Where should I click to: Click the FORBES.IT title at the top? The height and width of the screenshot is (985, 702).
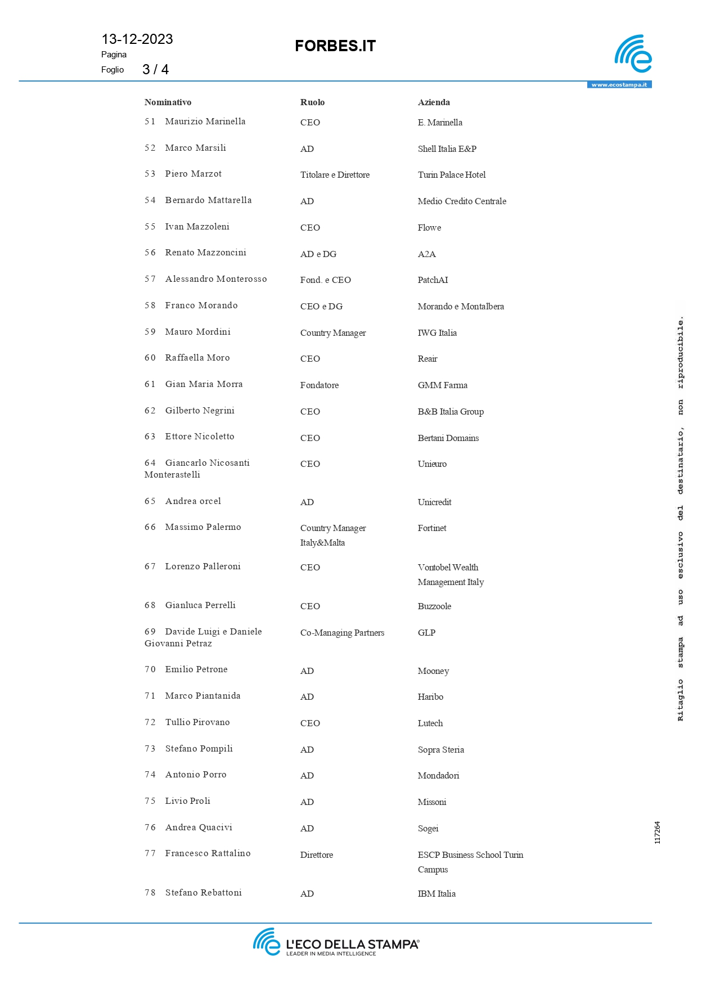pyautogui.click(x=335, y=46)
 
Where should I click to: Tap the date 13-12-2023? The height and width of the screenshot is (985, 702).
pyautogui.click(x=137, y=39)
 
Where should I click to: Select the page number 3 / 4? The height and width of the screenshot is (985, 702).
pyautogui.click(x=155, y=69)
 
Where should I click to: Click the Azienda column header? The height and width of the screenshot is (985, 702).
pyautogui.click(x=434, y=102)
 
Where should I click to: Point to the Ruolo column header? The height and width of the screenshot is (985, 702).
pyautogui.click(x=312, y=102)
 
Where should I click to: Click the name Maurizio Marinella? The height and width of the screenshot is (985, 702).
pyautogui.click(x=205, y=122)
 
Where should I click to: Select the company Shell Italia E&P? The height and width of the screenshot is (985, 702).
pyautogui.click(x=447, y=149)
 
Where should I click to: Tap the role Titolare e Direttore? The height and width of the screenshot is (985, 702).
pyautogui.click(x=335, y=175)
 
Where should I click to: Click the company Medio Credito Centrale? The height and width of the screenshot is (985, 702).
pyautogui.click(x=462, y=201)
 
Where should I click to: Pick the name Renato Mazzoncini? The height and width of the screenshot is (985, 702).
pyautogui.click(x=205, y=253)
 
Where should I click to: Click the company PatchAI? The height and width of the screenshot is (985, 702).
pyautogui.click(x=433, y=280)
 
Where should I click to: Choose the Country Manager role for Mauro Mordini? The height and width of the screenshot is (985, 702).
pyautogui.click(x=333, y=333)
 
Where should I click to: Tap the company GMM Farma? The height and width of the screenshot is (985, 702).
pyautogui.click(x=442, y=385)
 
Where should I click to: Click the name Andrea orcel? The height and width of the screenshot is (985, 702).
pyautogui.click(x=193, y=501)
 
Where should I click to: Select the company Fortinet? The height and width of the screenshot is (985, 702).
pyautogui.click(x=432, y=528)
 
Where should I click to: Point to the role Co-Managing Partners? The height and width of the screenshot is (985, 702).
pyautogui.click(x=342, y=633)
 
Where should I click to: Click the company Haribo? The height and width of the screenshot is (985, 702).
pyautogui.click(x=430, y=697)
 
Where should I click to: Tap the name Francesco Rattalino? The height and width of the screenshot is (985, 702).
pyautogui.click(x=208, y=853)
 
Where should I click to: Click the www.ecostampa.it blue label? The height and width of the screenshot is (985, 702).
pyautogui.click(x=619, y=85)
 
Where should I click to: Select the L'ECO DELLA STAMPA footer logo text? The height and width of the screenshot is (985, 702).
pyautogui.click(x=352, y=944)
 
